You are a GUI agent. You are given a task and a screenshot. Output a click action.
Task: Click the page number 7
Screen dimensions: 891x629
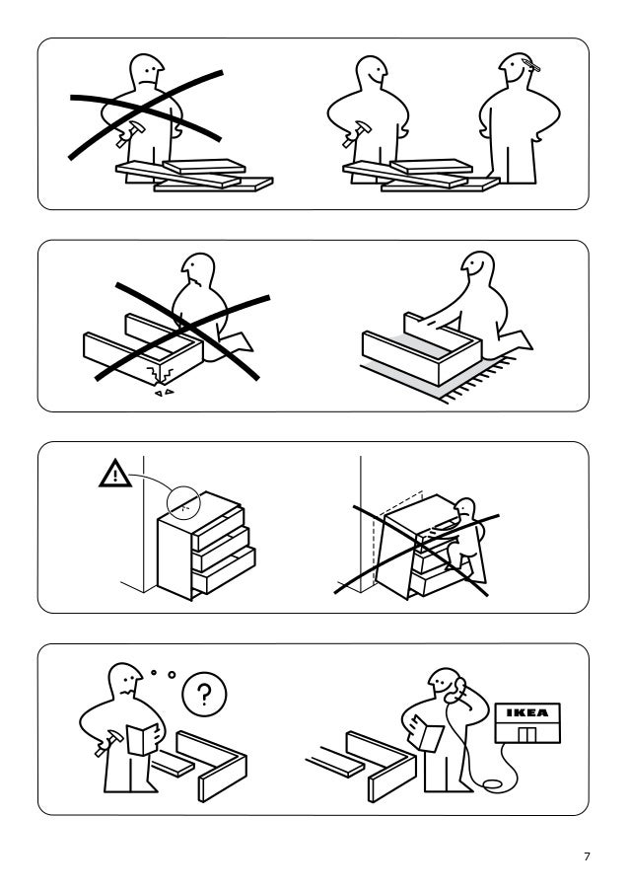coord(587,856)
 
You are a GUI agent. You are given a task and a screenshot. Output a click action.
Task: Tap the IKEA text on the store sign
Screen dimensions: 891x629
coord(526,712)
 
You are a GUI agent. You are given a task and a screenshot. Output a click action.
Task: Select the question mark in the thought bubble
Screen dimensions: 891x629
coord(203,696)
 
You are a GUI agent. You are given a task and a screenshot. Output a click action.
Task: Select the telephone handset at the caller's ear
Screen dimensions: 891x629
coord(454,693)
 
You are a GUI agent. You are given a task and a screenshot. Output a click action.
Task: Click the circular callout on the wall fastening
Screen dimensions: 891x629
coord(182,502)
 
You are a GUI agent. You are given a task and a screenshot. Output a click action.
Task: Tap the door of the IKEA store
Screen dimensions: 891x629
coord(526,735)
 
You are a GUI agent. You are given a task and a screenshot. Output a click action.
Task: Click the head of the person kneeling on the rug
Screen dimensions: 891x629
coord(477,267)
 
